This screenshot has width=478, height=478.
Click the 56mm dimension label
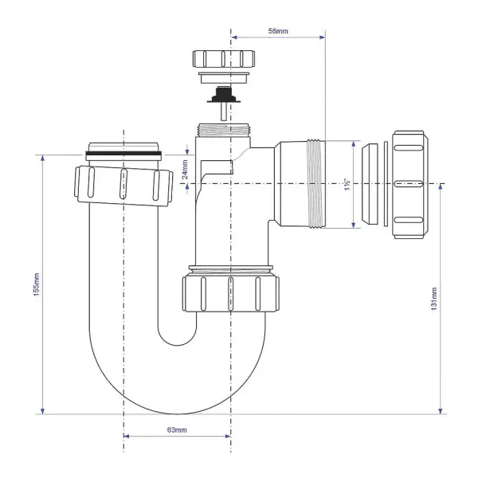coord(278,30)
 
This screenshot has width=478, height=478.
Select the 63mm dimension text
coord(176,429)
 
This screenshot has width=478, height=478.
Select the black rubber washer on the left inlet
coord(123,151)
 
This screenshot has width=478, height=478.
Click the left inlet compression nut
coord(123,185)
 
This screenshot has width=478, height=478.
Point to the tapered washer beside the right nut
coord(371,183)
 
